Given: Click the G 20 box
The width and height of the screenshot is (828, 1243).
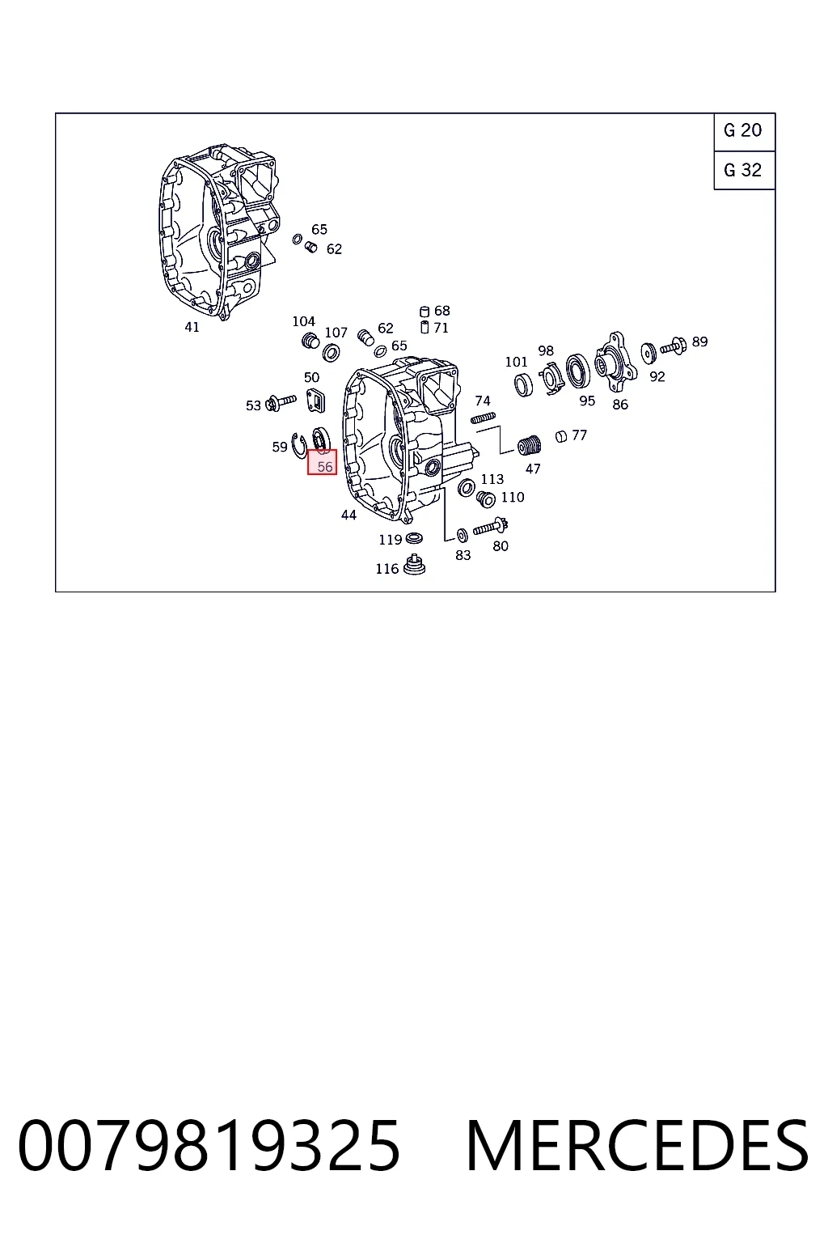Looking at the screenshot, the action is coord(744,132).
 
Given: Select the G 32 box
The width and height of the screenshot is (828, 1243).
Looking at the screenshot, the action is coord(744,171).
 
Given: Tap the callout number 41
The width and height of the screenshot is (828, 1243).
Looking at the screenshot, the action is coord(192,328).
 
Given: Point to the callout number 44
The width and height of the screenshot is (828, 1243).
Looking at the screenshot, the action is coord(349,515).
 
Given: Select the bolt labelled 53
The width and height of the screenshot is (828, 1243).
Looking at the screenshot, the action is coord(281,402).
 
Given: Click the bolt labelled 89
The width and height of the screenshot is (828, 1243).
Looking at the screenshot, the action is coord(674,346).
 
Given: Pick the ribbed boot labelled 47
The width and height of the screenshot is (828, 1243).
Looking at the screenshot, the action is coord(529,445).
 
